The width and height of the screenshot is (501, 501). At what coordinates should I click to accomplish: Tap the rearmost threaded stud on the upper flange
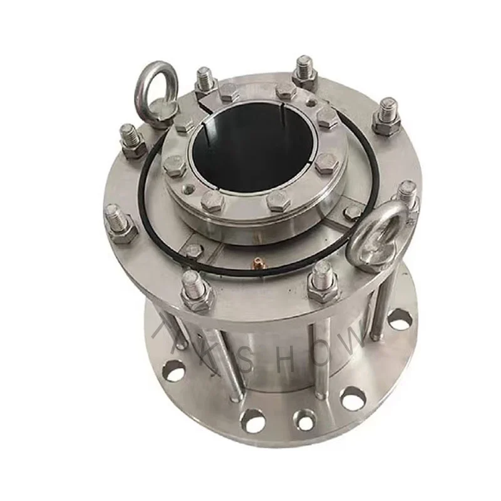pyautogui.click(x=304, y=69)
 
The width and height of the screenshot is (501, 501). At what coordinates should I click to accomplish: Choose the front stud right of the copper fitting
pyautogui.click(x=324, y=282)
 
